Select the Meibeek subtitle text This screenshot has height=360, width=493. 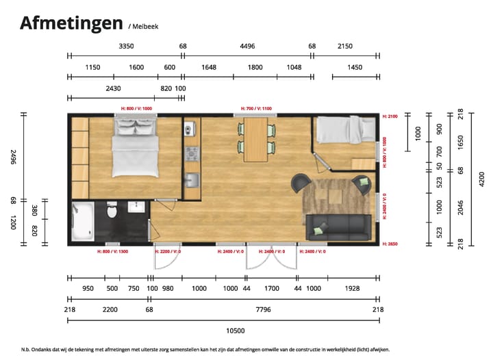(143, 27)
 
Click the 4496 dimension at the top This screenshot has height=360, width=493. (247, 47)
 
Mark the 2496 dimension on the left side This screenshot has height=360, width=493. (13, 157)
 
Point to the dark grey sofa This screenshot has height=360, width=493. (338, 227)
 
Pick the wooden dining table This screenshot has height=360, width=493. (257, 138)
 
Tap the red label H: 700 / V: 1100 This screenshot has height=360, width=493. (257, 109)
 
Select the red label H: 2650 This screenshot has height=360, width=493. (390, 244)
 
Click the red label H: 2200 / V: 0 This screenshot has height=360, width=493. (170, 251)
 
